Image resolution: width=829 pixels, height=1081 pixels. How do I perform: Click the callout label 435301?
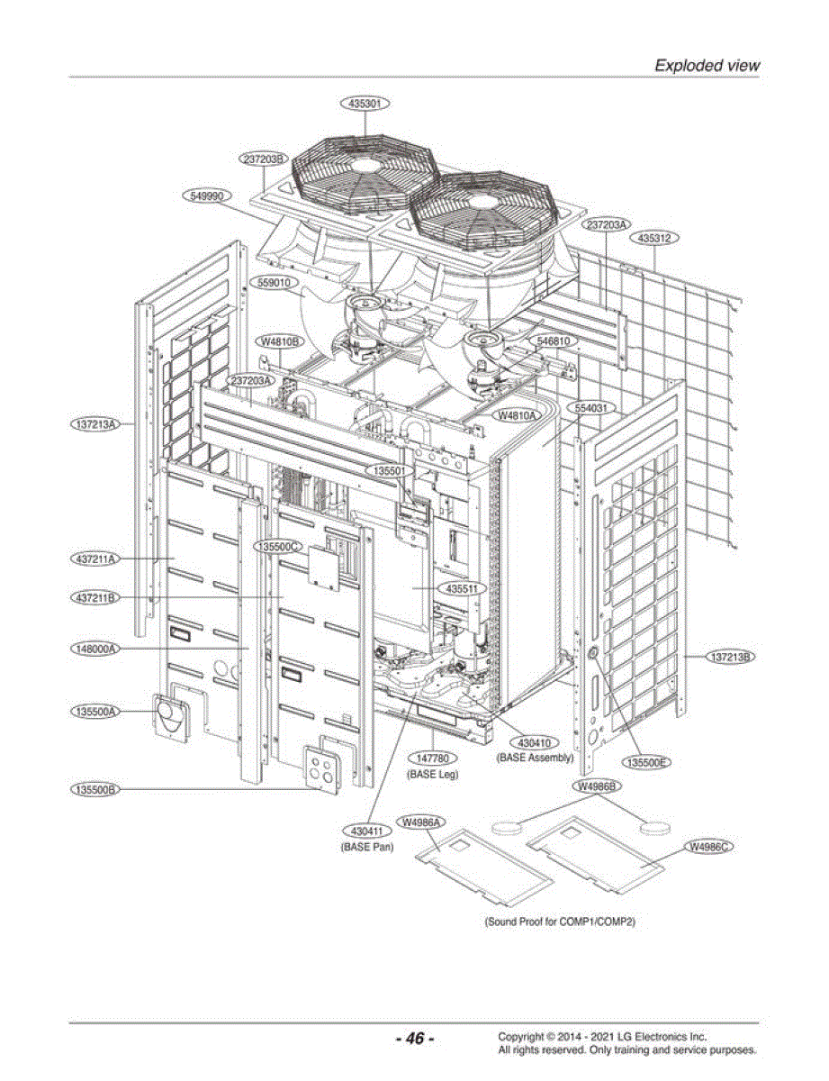coord(365,104)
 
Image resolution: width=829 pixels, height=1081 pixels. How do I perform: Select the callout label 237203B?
coord(264,159)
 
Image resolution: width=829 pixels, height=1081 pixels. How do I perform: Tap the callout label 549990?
coord(207,196)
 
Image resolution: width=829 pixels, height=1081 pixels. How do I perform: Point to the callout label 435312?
coord(654,238)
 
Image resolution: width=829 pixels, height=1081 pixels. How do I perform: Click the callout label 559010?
coord(274,283)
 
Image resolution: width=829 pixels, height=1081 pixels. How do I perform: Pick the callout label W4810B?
coord(279,341)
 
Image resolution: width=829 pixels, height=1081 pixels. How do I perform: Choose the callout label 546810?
coord(554,341)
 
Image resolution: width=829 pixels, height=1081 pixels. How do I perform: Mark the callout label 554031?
coord(591,408)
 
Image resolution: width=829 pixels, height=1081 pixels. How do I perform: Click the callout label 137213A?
coord(95,424)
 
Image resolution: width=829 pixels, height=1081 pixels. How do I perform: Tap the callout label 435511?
coord(462,588)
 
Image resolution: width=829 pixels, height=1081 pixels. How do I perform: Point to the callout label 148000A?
coord(95,649)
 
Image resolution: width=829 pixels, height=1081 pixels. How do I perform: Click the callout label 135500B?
coord(95,789)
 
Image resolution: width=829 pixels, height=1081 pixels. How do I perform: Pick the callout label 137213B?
coord(730,657)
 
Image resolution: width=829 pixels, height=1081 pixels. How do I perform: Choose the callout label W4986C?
coord(708,846)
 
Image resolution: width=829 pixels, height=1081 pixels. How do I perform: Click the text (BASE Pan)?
coord(366,847)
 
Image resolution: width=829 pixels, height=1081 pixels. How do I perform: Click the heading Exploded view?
coord(707,65)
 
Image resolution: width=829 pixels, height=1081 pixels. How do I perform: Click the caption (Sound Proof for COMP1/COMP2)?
coord(560,922)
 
